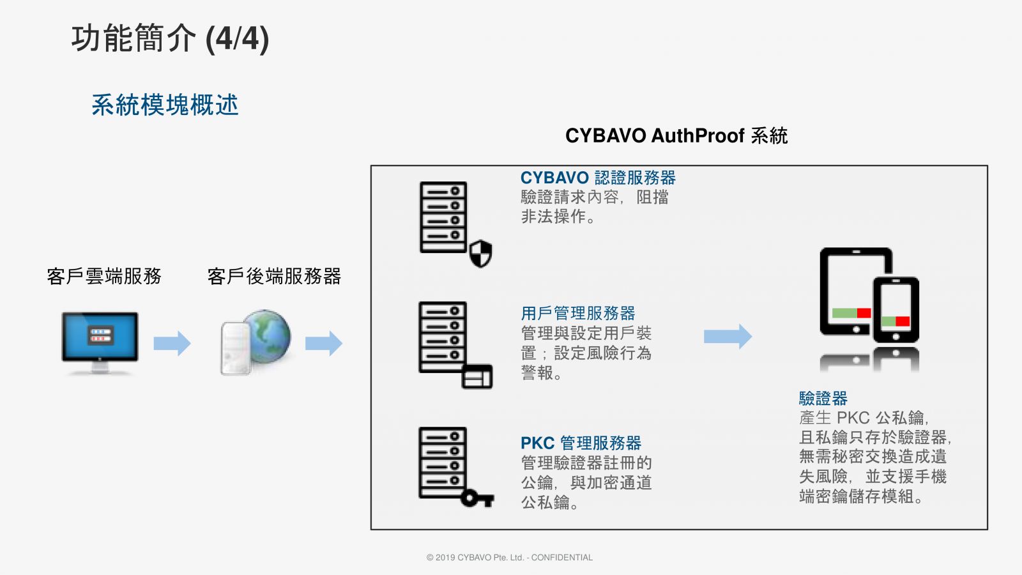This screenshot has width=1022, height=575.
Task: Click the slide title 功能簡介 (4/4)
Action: [170, 38]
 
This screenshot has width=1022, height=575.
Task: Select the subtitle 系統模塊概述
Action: [165, 105]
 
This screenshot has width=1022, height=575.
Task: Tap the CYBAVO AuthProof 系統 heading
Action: [676, 135]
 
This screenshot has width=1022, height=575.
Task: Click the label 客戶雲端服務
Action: [104, 276]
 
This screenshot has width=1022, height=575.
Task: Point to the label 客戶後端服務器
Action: [274, 276]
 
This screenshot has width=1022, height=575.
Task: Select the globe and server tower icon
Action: [256, 342]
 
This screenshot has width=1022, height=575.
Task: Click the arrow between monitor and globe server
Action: [172, 343]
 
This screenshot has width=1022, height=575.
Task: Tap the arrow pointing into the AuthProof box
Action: [323, 343]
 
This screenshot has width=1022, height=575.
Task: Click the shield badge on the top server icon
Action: [481, 254]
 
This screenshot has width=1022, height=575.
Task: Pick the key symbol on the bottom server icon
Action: [477, 498]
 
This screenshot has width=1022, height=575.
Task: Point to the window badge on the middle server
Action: [477, 377]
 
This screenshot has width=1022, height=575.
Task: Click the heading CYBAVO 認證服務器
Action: [598, 178]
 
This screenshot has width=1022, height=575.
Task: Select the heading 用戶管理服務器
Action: [578, 313]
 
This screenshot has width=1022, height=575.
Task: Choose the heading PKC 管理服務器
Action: [581, 443]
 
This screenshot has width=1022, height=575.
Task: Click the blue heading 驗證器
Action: [823, 399]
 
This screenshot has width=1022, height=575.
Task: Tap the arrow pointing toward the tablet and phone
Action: [728, 336]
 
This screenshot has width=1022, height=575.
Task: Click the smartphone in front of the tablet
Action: [896, 310]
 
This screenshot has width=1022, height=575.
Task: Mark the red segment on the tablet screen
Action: [864, 313]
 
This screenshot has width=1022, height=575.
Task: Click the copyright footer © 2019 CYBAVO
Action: [509, 557]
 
